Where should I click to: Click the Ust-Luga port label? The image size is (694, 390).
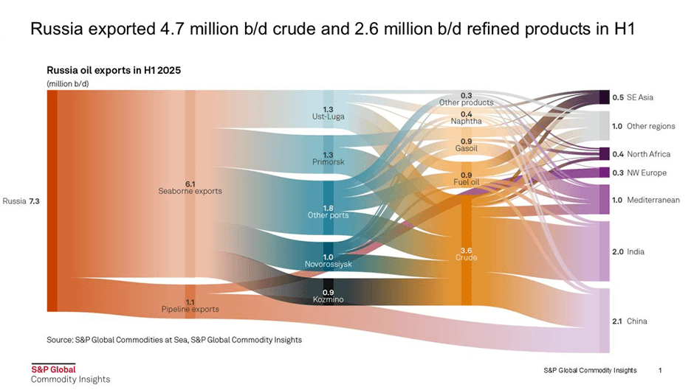coord(328,116)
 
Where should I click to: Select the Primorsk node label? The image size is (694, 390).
coord(328,163)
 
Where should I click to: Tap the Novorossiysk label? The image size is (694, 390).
coord(328,263)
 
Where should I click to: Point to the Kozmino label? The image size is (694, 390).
coord(328,299)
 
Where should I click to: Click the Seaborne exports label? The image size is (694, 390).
coord(190,191)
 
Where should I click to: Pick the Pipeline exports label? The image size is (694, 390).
coord(190,309)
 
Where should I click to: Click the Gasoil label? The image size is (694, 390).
coord(466,149)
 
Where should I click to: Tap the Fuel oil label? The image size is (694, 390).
coord(466,181)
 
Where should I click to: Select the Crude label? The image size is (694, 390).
coord(466,257)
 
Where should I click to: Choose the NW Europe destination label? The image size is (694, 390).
coord(646,173)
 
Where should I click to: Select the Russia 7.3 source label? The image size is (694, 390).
coord(21,201)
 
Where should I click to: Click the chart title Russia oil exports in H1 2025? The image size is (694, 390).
coord(114,71)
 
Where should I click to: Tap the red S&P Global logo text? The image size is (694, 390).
coord(52,369)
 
